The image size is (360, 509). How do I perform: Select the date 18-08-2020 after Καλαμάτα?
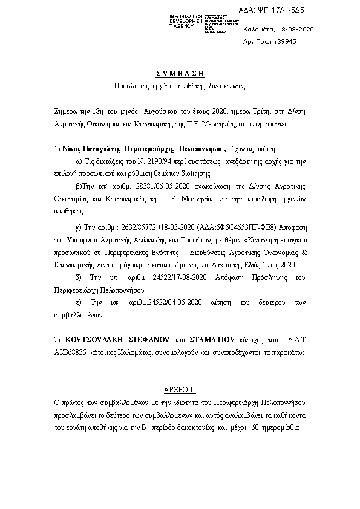[296, 29]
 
